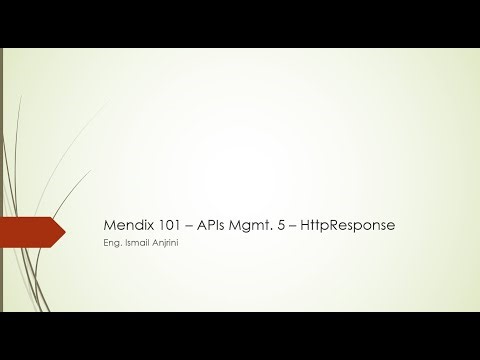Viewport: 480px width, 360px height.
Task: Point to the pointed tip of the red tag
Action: click(64, 233)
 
